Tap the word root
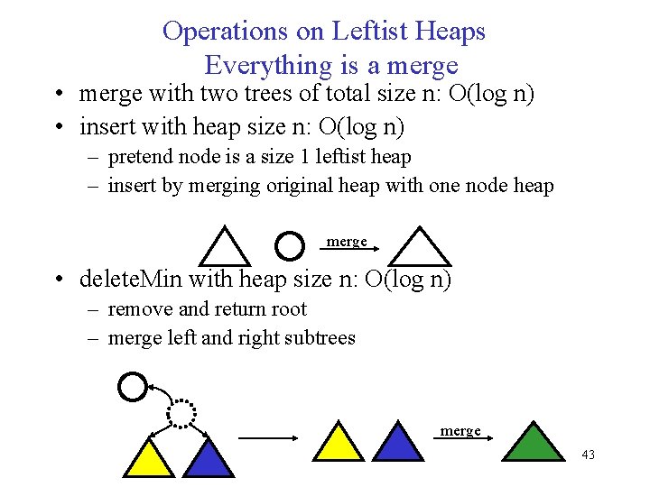(288, 309)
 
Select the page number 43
(588, 455)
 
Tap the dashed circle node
(181, 412)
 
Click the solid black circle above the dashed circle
(132, 387)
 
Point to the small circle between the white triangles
(288, 245)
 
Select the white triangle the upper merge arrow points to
(419, 249)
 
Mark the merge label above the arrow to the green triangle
(460, 431)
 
